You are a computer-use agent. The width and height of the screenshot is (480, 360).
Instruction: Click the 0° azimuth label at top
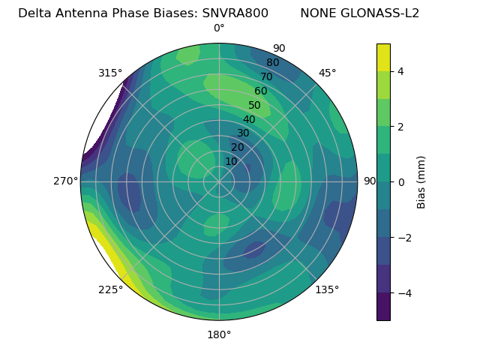219,28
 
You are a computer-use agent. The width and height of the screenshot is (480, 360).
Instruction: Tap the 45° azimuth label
328,73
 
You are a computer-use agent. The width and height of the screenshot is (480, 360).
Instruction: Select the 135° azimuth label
327,289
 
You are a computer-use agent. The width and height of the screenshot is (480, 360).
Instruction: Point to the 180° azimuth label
219,334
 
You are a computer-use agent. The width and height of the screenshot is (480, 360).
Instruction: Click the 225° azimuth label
110,289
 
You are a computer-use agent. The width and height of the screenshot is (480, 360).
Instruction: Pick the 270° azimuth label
65,181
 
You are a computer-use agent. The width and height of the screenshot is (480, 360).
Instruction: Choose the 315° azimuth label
110,73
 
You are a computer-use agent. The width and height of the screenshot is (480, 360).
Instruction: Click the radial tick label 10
231,161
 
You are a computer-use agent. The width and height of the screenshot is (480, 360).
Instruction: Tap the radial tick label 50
255,105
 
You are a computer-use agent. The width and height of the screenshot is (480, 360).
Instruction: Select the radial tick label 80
273,63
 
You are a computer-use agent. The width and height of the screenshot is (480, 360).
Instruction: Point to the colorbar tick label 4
401,71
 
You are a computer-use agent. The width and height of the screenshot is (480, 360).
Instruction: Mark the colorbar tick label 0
401,182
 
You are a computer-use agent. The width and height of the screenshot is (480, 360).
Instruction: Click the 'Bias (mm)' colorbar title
421,182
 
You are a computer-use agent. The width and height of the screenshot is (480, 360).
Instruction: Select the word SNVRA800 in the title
235,13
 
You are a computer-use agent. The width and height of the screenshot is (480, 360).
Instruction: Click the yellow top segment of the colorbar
383,58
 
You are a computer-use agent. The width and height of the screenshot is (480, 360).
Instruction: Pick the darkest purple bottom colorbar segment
383,307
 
